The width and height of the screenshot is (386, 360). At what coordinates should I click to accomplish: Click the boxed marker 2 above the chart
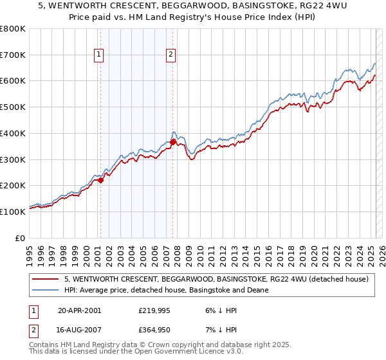point(171,55)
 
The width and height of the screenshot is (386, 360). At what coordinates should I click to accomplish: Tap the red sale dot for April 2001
point(100,181)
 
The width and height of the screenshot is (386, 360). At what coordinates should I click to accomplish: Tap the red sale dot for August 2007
point(172,142)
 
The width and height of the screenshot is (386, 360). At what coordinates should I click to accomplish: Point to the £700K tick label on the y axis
point(13,55)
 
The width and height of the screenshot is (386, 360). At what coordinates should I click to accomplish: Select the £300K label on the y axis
point(13,159)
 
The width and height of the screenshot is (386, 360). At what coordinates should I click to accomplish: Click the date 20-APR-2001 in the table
point(79,310)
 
